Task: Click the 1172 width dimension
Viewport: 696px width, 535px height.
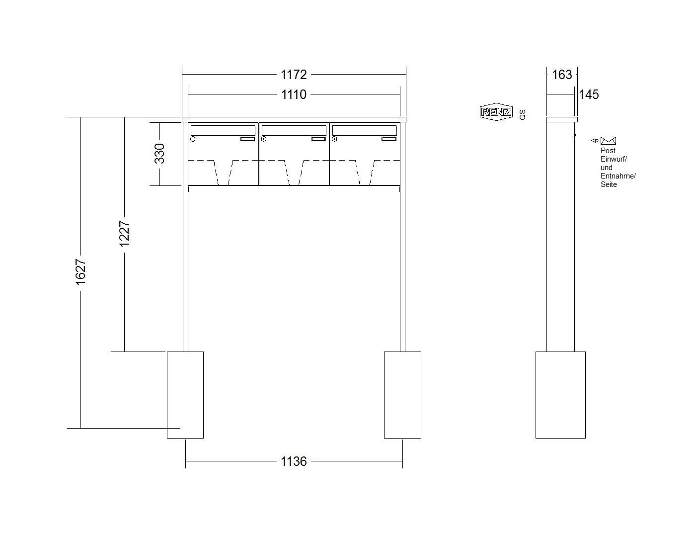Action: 294,75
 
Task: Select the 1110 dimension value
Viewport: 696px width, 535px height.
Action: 294,94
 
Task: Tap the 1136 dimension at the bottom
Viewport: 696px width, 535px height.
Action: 294,461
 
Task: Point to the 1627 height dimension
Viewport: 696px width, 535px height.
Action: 80,272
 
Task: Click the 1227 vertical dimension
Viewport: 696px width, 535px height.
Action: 124,233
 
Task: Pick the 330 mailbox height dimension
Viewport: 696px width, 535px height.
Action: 159,154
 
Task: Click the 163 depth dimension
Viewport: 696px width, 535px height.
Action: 562,75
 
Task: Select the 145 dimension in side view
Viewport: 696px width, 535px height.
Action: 589,94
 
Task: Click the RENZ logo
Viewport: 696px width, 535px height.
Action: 496,112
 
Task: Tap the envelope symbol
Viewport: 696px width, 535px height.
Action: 608,141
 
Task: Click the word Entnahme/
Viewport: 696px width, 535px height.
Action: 618,176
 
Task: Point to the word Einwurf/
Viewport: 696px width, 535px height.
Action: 614,159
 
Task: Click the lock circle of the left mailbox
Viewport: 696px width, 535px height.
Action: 193,139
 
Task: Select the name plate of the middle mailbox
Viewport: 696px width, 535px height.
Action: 318,139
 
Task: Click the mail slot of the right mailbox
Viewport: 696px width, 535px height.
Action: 365,130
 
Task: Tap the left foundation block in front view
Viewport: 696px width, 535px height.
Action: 185,395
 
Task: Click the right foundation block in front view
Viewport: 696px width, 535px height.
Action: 402,395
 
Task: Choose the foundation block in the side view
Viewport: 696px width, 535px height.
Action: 560,395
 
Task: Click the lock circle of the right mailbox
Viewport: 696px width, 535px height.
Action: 334,139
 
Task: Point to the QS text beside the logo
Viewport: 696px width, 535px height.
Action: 523,114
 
